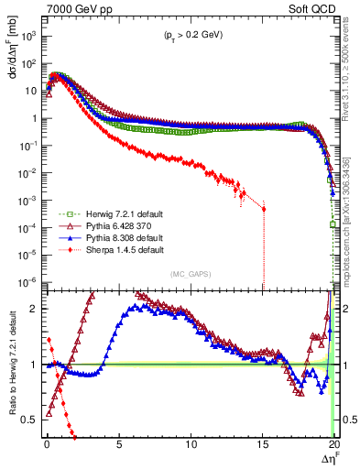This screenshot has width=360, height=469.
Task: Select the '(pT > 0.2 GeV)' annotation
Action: click(x=189, y=35)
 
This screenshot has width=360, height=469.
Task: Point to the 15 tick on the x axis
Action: click(x=263, y=445)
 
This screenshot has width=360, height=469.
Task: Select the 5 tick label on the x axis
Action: click(x=118, y=445)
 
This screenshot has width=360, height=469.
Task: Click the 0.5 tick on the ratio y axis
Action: click(x=30, y=420)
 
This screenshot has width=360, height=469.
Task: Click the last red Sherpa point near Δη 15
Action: click(x=264, y=209)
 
